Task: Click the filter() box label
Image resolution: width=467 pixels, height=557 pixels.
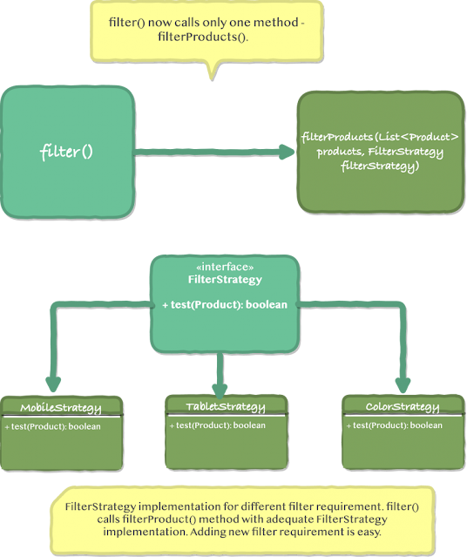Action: (x=67, y=153)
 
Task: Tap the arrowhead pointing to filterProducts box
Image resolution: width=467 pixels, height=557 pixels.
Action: (x=288, y=153)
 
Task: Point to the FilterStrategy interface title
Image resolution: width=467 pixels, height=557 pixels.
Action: (x=225, y=280)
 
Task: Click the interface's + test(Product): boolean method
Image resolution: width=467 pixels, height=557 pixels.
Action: (x=225, y=305)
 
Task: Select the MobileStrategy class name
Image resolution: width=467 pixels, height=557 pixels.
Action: (x=60, y=408)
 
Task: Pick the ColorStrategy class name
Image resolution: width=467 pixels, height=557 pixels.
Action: (x=402, y=407)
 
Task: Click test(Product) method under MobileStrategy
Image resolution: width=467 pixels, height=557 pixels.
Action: (x=52, y=426)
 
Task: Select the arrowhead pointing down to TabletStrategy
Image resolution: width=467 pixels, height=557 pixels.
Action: (x=220, y=384)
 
